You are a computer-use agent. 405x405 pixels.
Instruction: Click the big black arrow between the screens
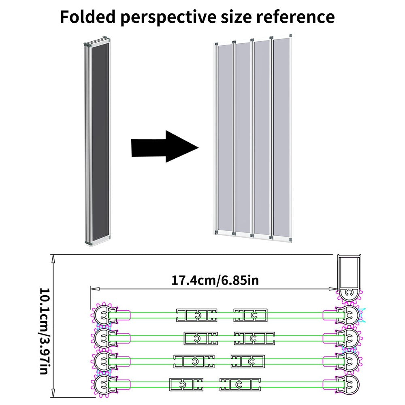tap(164, 146)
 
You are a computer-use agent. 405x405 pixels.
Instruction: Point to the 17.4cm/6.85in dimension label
tap(215, 280)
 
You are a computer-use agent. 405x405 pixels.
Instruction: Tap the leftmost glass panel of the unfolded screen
tap(225, 138)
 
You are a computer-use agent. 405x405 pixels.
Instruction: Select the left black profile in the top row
tap(197, 315)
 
